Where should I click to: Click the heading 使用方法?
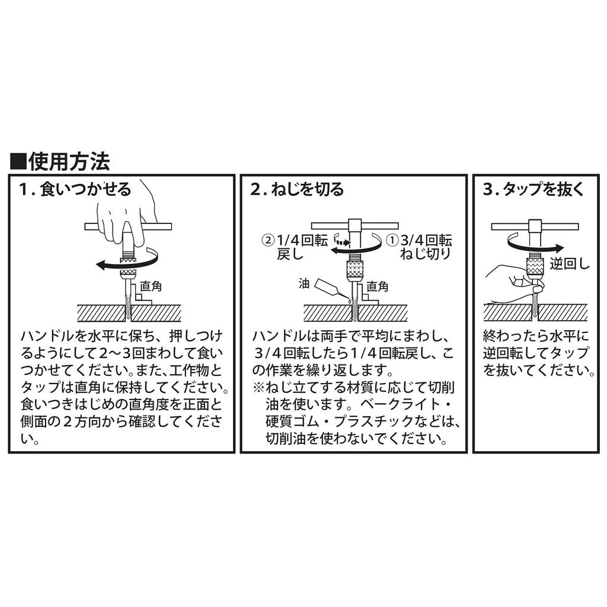coord(69,161)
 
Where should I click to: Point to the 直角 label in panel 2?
coord(376,287)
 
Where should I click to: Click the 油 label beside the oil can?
coord(304,284)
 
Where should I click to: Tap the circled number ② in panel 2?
coord(268,241)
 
